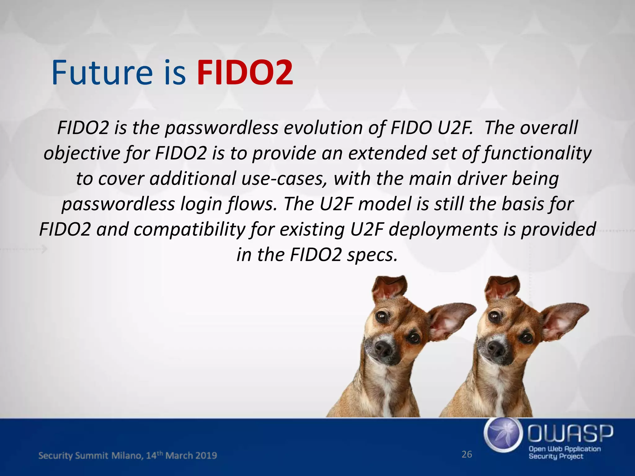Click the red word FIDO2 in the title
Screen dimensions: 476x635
point(245,73)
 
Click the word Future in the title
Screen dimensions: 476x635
point(102,73)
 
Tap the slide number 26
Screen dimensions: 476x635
point(467,454)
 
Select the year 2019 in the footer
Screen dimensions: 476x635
point(206,456)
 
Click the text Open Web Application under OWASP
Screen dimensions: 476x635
point(564,449)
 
